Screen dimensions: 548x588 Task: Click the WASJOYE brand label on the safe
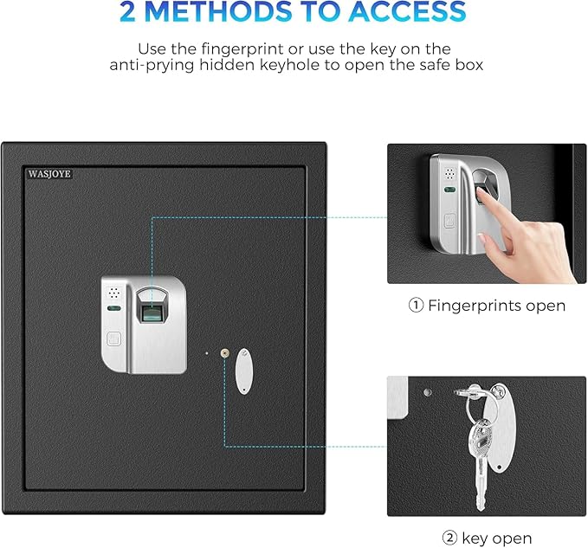point(48,173)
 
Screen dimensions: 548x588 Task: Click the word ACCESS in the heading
point(407,13)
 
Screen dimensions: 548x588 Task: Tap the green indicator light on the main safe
point(113,307)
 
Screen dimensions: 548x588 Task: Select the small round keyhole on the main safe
point(224,352)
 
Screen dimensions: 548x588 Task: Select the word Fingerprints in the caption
point(471,306)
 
